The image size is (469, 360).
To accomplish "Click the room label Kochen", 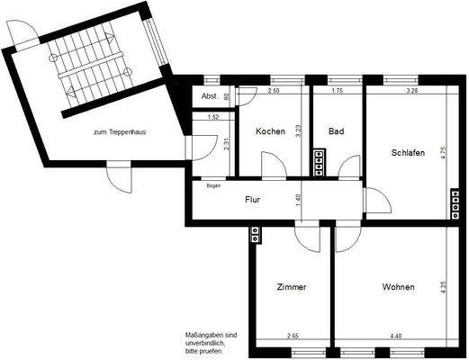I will click(x=270, y=131).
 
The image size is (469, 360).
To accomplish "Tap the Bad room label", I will click(x=336, y=131).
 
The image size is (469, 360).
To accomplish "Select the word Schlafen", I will click(x=408, y=152).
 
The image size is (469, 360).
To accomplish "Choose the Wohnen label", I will click(x=398, y=287).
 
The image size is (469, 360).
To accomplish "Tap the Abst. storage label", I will click(x=209, y=96).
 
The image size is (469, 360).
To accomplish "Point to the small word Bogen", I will click(x=213, y=185).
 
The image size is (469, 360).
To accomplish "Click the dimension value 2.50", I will click(x=275, y=92).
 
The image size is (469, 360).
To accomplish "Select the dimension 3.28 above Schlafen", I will click(x=412, y=92).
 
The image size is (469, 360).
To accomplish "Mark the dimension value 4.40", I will click(x=397, y=337).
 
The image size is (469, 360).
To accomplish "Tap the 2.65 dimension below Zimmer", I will click(x=293, y=337).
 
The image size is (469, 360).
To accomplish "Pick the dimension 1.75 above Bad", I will click(x=338, y=92).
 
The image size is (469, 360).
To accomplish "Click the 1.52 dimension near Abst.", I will click(x=213, y=117).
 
